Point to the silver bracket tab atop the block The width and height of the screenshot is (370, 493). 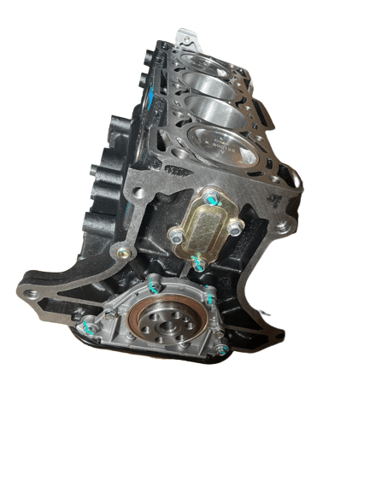(184, 38)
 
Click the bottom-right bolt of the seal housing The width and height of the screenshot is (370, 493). (220, 349)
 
